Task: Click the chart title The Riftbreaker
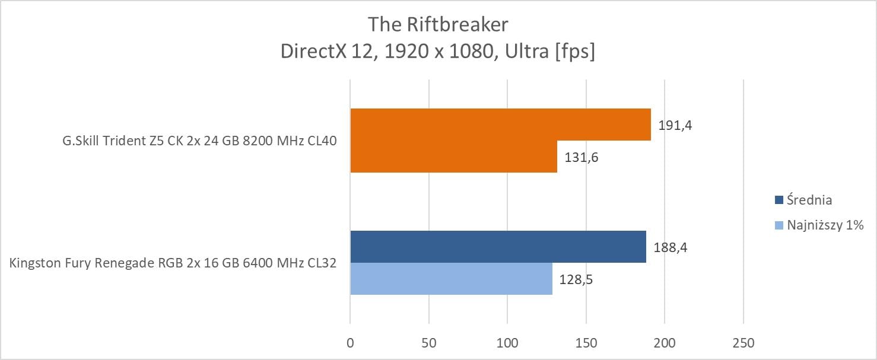[438, 24]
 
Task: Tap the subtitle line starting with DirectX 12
[438, 52]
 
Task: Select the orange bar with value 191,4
[500, 125]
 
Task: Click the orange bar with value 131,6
[453, 157]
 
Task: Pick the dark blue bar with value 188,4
[498, 247]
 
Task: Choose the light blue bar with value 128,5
[451, 279]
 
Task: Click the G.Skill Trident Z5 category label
[196, 141]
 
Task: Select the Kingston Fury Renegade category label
[173, 263]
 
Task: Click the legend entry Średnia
[809, 200]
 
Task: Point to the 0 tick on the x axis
[350, 343]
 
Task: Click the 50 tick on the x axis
[429, 343]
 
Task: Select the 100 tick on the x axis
[507, 343]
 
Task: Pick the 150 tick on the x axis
[586, 343]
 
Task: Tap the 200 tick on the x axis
[665, 343]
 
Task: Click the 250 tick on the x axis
[743, 343]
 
